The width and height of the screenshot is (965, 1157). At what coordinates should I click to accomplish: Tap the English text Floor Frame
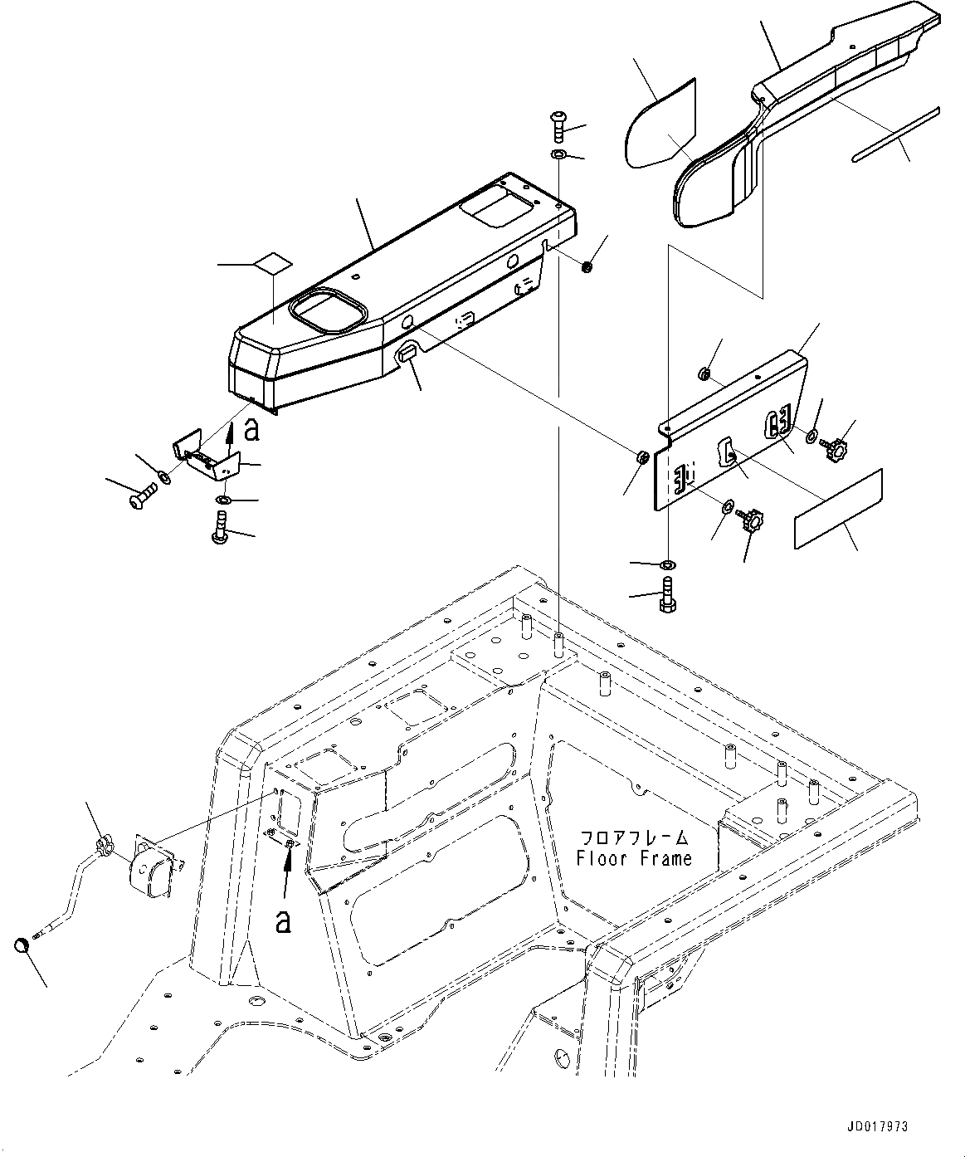pos(634,859)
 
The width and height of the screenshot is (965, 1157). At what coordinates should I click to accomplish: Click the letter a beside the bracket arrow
pos(252,430)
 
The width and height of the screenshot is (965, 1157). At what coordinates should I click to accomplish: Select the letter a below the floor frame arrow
pos(283,921)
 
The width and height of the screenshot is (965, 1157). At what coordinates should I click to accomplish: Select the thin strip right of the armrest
pos(895,134)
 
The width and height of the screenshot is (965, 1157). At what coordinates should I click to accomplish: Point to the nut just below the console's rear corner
pos(587,267)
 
